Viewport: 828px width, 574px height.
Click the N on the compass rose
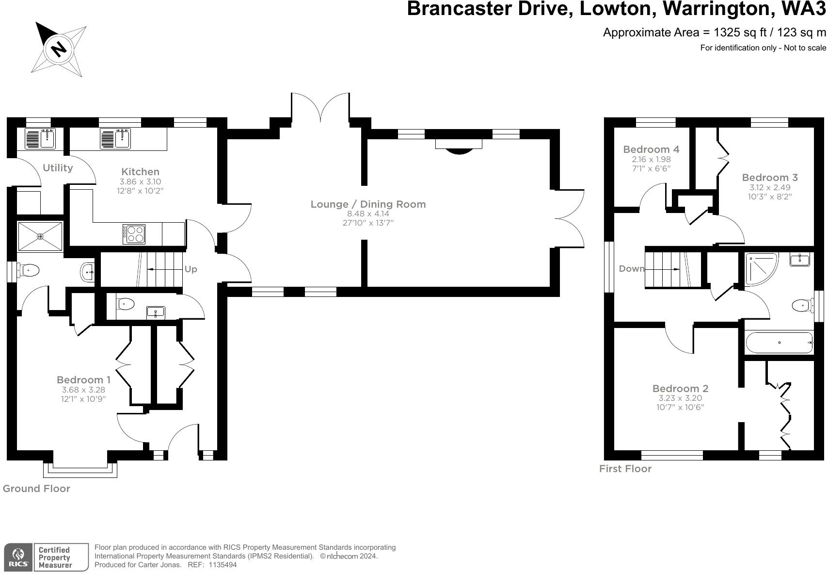click(x=59, y=49)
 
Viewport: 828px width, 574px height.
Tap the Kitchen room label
click(x=141, y=172)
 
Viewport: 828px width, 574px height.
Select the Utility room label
click(x=58, y=168)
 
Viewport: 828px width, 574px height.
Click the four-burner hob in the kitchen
click(x=134, y=234)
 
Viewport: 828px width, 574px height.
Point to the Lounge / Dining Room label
click(x=368, y=204)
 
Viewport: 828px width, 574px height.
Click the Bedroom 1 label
click(x=83, y=380)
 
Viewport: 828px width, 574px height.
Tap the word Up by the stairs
click(x=191, y=269)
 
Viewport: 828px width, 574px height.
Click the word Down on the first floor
click(x=631, y=269)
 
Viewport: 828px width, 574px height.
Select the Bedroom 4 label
click(x=652, y=149)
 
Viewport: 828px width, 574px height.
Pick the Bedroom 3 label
click(x=770, y=178)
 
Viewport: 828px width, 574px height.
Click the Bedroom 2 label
click(x=680, y=389)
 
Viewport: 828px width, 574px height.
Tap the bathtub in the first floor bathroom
click(x=779, y=343)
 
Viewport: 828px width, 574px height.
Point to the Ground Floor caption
click(x=36, y=489)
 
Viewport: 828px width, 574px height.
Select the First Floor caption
click(x=625, y=469)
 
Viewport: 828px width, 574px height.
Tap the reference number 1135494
click(x=223, y=565)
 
